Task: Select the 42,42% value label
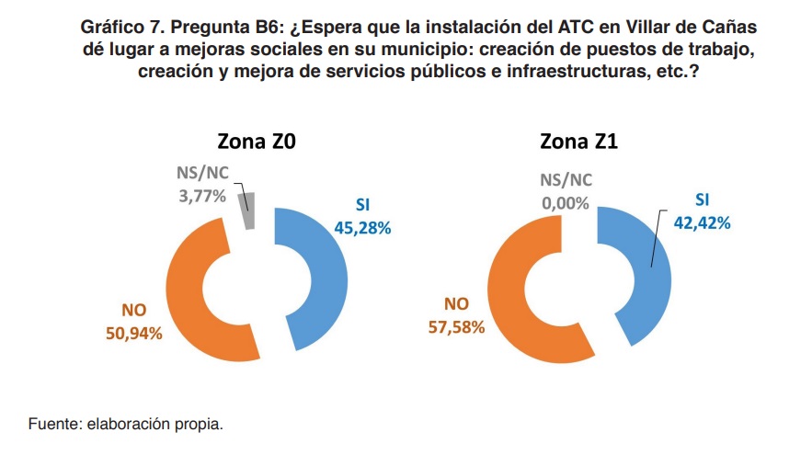coord(701,223)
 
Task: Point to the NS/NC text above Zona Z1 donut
coord(566,180)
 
